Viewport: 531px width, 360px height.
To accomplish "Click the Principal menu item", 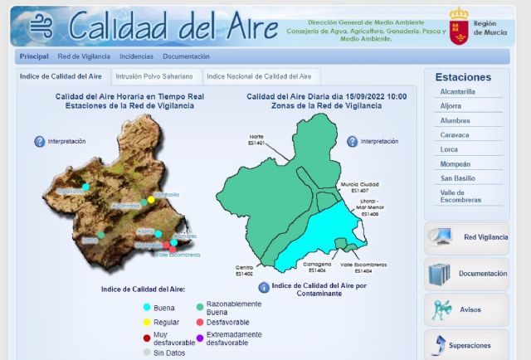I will point(34,56).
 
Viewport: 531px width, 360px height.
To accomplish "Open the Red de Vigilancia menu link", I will point(84,56).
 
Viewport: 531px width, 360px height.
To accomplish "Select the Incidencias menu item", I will point(136,56).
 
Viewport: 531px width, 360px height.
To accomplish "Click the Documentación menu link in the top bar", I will point(186,56).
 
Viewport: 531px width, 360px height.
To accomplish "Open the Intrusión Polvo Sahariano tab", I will point(154,76).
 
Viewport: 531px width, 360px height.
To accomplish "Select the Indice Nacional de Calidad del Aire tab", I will point(259,76).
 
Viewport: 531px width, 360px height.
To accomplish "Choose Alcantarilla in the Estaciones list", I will point(458,92).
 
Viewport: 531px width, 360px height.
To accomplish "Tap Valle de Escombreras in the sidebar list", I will point(460,196).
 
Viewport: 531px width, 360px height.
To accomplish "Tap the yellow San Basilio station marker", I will point(151,200).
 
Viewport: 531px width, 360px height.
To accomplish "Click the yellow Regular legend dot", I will point(147,322).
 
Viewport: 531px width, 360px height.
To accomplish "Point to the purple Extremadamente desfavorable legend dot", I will point(200,337).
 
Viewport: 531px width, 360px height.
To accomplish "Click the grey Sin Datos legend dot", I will point(147,353).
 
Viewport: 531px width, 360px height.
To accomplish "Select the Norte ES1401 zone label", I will point(256,141).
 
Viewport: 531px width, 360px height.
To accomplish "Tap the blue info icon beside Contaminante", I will point(264,287).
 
